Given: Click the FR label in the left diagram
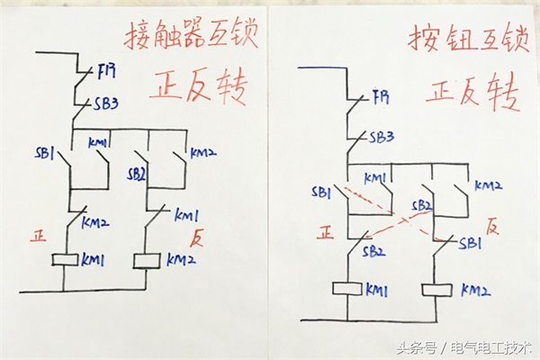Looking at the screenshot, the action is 106,72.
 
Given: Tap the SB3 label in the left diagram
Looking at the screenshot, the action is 106,103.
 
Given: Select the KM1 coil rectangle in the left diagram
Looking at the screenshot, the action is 65,260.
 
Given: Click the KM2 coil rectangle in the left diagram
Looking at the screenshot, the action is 147,261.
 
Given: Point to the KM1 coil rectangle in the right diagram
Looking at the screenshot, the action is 347,289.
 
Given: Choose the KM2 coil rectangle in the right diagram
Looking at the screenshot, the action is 437,290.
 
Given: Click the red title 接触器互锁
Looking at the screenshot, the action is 191,35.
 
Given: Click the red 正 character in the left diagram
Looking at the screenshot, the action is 38,237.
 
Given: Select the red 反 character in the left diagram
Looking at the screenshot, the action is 197,238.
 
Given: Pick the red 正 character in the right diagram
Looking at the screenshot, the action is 326,232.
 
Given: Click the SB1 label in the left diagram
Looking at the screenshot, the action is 45,153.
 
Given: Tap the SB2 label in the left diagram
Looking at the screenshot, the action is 136,175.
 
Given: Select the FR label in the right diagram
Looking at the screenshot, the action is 382,97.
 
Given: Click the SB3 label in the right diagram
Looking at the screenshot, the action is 382,138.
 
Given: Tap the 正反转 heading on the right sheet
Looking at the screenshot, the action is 472,92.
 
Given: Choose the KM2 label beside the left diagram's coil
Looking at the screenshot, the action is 181,259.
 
